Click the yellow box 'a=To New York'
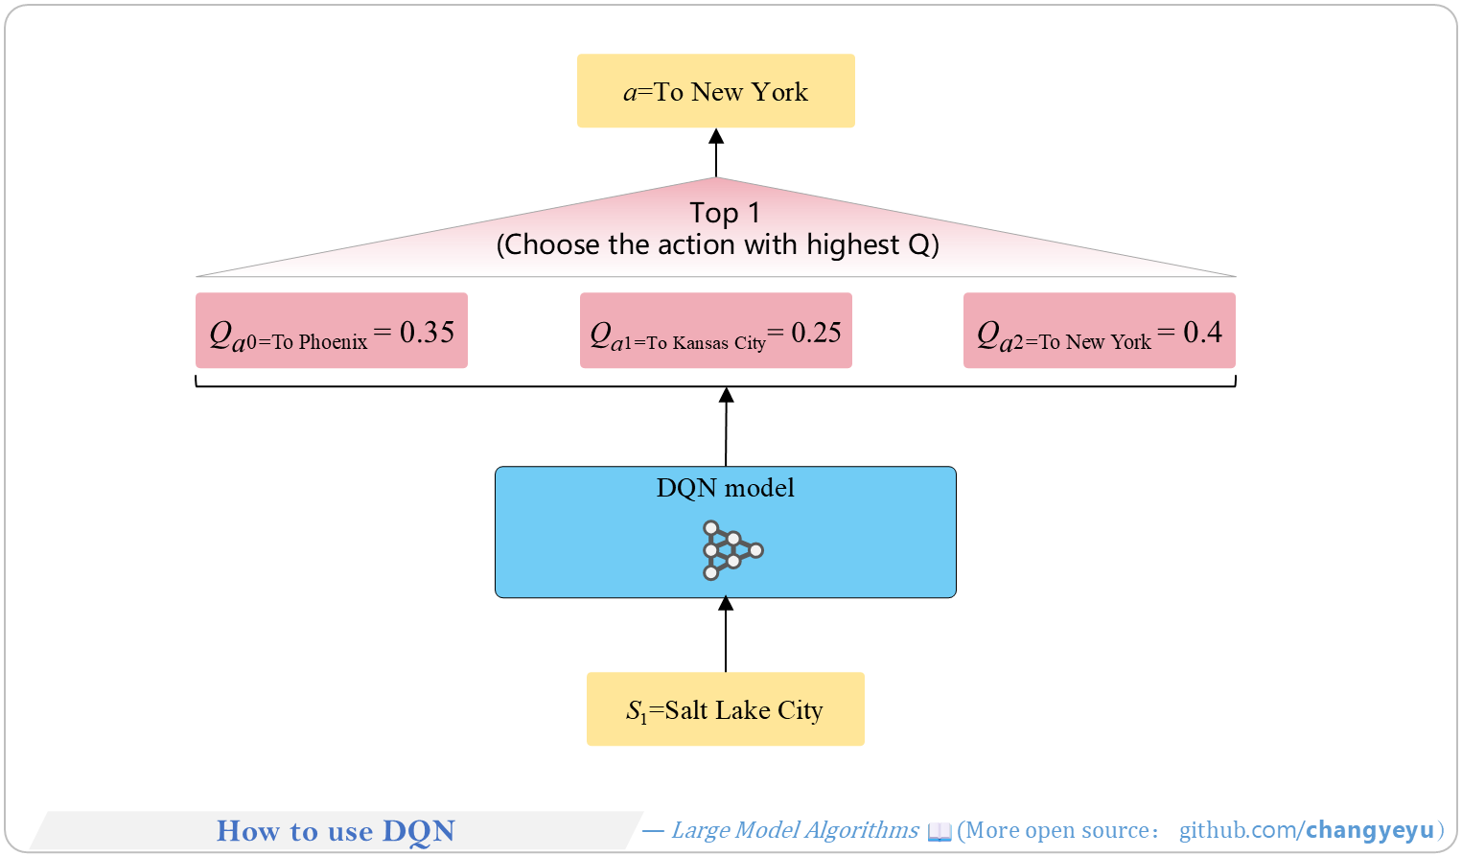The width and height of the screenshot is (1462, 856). tap(716, 91)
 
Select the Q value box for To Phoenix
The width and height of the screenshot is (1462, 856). tap(332, 330)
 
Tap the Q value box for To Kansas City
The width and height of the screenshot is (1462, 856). tap(716, 330)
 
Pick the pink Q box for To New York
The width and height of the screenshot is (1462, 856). tap(1100, 330)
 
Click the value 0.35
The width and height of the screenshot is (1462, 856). tap(427, 332)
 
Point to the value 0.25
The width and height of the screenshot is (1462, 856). tap(816, 333)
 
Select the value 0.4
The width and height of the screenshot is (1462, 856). tap(1203, 332)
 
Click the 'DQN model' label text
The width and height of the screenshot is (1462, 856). tap(725, 488)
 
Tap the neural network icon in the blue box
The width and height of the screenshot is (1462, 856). tap(732, 550)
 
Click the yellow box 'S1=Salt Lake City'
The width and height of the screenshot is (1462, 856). tap(726, 709)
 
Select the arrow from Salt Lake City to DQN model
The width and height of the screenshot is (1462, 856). tap(726, 635)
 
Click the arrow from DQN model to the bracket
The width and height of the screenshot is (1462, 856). tap(726, 427)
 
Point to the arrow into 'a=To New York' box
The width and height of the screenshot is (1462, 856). tap(717, 152)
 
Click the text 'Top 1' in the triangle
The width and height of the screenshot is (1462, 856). tap(725, 213)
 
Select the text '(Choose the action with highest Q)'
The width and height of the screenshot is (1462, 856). tap(718, 245)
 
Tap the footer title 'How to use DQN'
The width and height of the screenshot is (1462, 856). tap(336, 831)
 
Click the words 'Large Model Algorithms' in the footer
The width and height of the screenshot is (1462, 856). tap(795, 830)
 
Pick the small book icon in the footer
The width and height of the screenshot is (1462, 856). tap(940, 832)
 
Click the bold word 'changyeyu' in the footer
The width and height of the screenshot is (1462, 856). tap(1370, 830)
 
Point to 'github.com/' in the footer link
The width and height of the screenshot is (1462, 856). tap(1242, 830)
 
